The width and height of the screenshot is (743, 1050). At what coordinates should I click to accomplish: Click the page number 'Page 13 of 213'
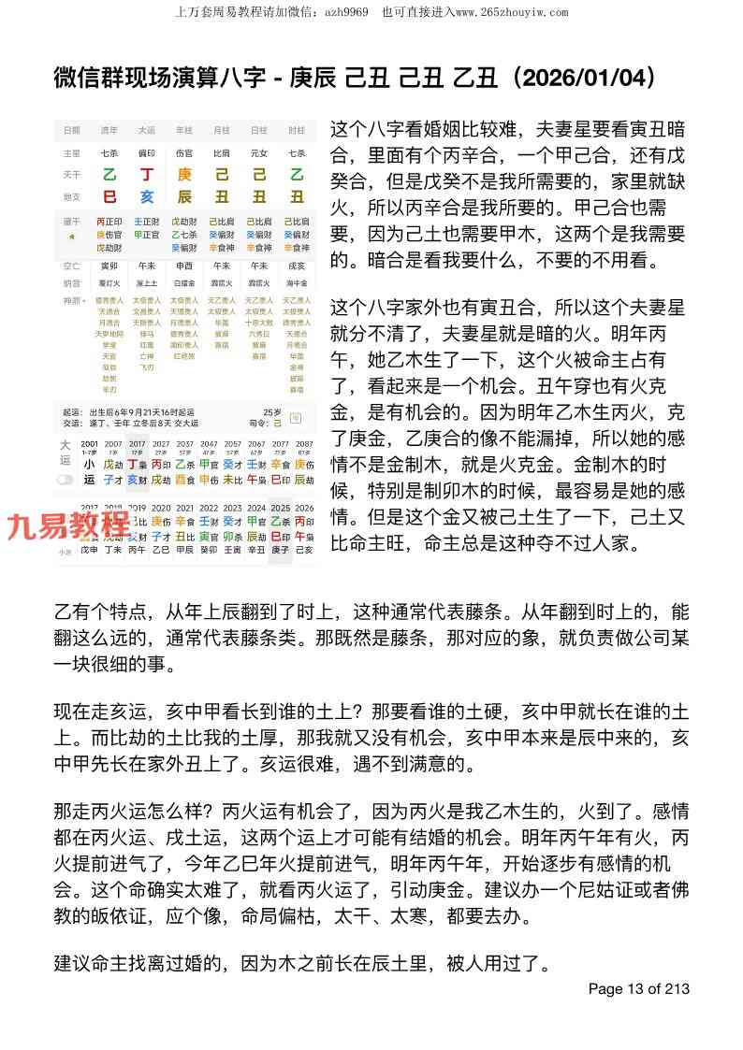click(x=638, y=988)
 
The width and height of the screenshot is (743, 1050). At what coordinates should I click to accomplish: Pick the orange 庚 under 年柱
click(x=184, y=176)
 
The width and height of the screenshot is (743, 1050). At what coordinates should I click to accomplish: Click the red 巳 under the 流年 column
click(x=109, y=196)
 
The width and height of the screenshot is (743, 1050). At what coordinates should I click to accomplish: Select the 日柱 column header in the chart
click(x=259, y=130)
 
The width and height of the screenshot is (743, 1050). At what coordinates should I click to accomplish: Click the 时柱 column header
click(x=297, y=130)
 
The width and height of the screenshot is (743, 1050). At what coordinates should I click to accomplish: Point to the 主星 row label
click(x=71, y=151)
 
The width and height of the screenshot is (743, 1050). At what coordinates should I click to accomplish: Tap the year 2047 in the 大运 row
click(x=210, y=443)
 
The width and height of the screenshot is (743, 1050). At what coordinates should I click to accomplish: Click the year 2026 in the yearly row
click(x=304, y=508)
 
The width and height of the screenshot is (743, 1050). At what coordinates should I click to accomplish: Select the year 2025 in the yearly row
click(x=280, y=508)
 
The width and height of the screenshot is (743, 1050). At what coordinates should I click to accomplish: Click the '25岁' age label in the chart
click(x=271, y=410)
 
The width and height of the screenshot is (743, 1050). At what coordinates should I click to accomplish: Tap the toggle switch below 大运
click(x=65, y=479)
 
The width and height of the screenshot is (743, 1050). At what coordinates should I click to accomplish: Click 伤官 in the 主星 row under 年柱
click(x=184, y=151)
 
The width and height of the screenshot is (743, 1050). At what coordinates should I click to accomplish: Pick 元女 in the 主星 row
click(x=259, y=151)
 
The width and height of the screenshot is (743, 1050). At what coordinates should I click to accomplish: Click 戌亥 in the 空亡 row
click(x=297, y=266)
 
